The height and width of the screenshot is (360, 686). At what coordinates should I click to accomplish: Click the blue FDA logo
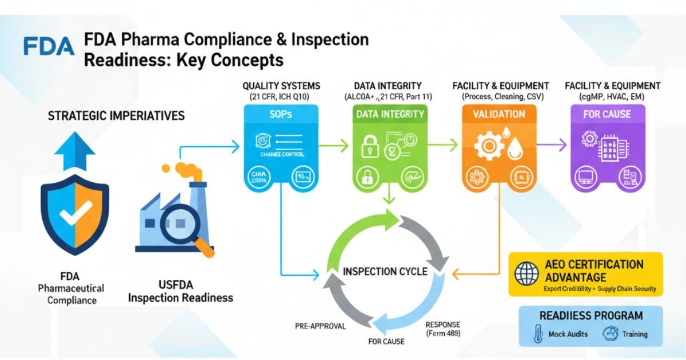pyautogui.click(x=49, y=46)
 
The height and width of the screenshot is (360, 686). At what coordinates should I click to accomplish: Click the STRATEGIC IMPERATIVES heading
pyautogui.click(x=116, y=116)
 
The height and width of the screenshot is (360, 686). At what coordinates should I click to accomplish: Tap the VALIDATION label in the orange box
pyautogui.click(x=498, y=114)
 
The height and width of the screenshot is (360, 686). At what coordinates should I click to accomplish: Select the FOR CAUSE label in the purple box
pyautogui.click(x=607, y=114)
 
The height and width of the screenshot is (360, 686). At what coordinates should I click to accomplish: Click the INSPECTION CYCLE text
pyautogui.click(x=385, y=271)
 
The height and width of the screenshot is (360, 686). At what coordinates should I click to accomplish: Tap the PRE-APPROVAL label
pyautogui.click(x=321, y=326)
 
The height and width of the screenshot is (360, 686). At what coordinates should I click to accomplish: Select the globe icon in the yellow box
pyautogui.click(x=526, y=273)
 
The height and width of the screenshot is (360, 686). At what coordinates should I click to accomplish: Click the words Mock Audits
pyautogui.click(x=568, y=334)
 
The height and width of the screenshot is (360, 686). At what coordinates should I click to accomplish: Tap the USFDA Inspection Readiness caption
pyautogui.click(x=180, y=291)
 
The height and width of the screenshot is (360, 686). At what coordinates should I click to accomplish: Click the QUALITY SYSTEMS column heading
pyautogui.click(x=281, y=86)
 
